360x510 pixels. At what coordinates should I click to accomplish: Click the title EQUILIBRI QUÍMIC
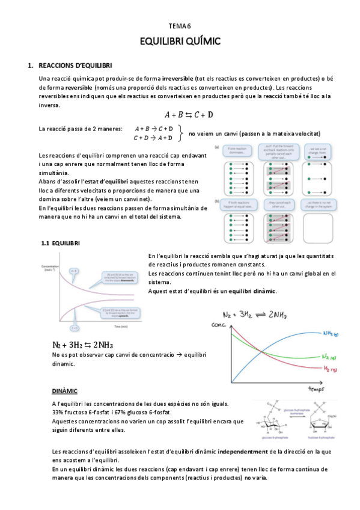click(x=180, y=41)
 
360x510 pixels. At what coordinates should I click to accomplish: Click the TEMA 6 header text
click(x=180, y=26)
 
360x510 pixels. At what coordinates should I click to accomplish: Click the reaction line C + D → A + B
click(x=153, y=137)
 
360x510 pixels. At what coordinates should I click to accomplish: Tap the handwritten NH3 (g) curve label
click(x=330, y=333)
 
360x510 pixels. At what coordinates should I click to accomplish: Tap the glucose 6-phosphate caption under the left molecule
click(x=270, y=441)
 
